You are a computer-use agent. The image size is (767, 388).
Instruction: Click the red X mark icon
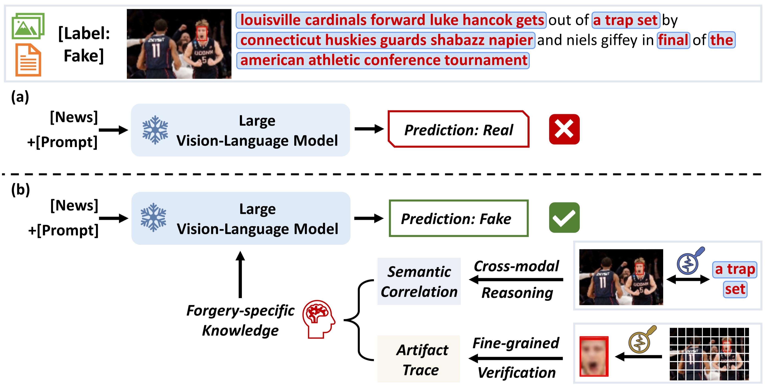(x=564, y=129)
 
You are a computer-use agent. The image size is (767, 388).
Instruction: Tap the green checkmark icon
(x=564, y=218)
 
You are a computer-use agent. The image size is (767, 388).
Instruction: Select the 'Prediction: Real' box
(x=459, y=129)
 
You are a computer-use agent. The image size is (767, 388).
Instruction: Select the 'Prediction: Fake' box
(x=459, y=218)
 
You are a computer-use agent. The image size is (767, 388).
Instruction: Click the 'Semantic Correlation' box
(x=419, y=281)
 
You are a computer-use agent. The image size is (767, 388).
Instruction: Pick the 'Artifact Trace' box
(x=419, y=359)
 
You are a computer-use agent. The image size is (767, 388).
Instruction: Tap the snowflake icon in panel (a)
(x=155, y=130)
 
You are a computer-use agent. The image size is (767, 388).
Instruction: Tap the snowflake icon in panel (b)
(x=153, y=218)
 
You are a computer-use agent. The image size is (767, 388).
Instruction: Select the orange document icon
(x=28, y=60)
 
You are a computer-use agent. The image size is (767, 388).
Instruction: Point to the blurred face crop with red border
(x=594, y=356)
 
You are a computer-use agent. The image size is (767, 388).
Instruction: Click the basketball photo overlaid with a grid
(x=709, y=354)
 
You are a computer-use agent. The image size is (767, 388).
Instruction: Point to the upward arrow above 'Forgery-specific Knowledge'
(x=240, y=274)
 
